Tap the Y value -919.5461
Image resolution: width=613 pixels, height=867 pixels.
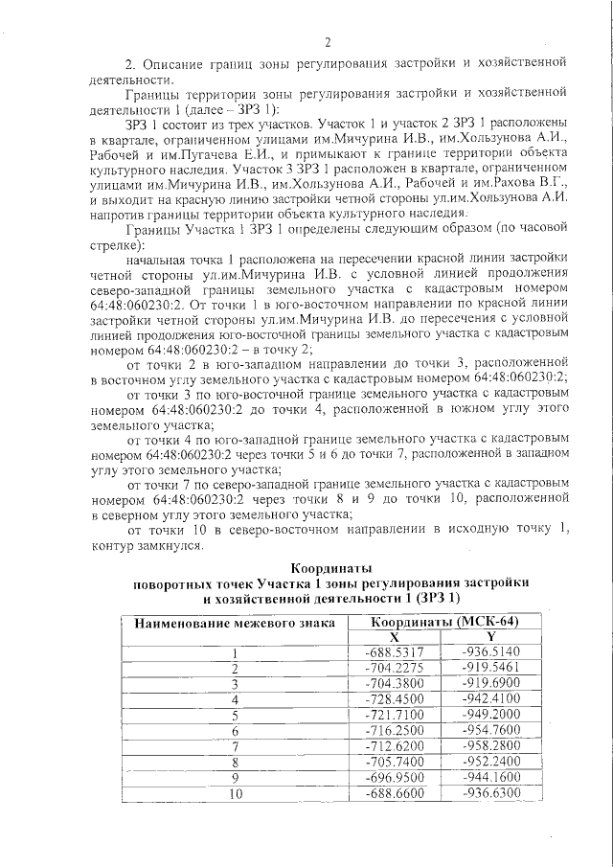click(x=489, y=667)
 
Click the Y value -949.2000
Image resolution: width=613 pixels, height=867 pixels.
click(x=489, y=715)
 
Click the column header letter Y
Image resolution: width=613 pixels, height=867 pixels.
click(x=489, y=636)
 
